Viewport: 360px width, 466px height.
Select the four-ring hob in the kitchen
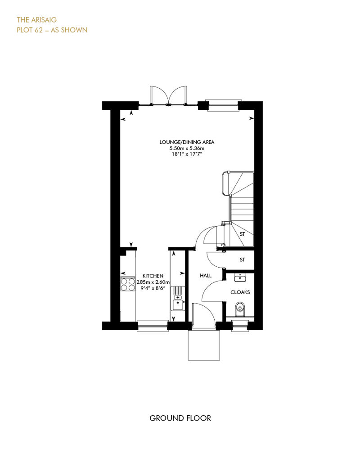[x=128, y=284]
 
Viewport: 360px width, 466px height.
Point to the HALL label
[x=206, y=275]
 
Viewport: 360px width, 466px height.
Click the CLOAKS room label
[x=240, y=292]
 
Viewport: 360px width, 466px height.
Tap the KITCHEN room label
[x=153, y=276]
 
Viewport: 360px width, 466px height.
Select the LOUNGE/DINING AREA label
[x=187, y=142]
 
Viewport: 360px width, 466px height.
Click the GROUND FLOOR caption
[x=180, y=418]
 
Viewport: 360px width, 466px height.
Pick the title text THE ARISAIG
[x=36, y=20]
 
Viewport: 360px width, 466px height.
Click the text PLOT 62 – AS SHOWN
[x=52, y=30]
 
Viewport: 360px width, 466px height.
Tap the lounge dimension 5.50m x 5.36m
[x=187, y=148]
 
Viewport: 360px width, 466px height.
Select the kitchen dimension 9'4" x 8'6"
[x=153, y=288]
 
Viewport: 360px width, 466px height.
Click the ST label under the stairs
[x=242, y=234]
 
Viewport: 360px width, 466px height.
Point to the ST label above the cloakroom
[x=242, y=260]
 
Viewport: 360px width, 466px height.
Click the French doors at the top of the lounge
[x=169, y=96]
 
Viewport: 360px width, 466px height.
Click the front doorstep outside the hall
[x=204, y=345]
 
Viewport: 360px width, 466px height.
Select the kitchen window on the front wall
[x=153, y=326]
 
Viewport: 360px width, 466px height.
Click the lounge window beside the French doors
[x=223, y=106]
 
